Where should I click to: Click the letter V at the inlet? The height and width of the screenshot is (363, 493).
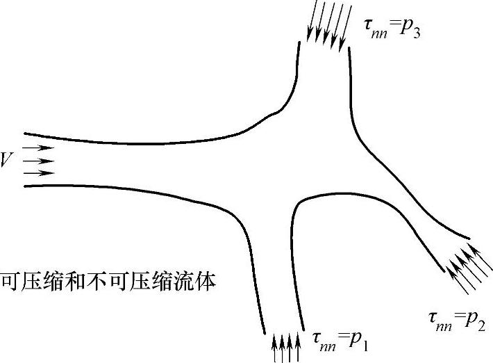[6, 161]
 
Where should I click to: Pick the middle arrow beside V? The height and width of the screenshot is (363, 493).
[38, 161]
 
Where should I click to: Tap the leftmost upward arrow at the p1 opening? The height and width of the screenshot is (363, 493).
[275, 348]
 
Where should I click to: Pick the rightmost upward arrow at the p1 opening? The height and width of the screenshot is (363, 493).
[299, 348]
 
